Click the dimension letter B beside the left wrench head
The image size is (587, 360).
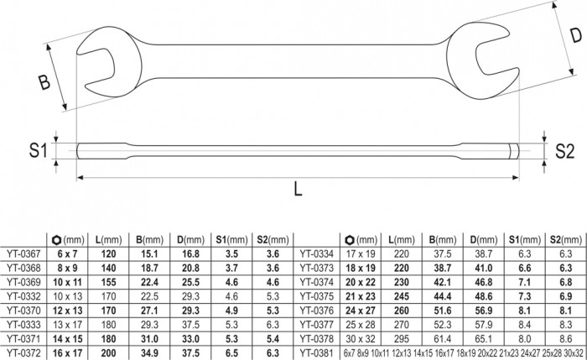point(44,82)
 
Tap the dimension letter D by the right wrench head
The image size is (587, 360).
point(576,35)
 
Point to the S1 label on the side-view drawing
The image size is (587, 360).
point(39,150)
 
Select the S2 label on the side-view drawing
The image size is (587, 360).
point(564,151)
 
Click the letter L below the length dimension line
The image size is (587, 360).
point(298,189)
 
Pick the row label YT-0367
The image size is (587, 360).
point(23,254)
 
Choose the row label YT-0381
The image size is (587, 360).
point(316,353)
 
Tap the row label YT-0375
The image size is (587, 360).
point(316,296)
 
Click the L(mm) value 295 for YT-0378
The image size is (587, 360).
point(402,339)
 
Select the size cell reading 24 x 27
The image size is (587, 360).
point(360,310)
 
